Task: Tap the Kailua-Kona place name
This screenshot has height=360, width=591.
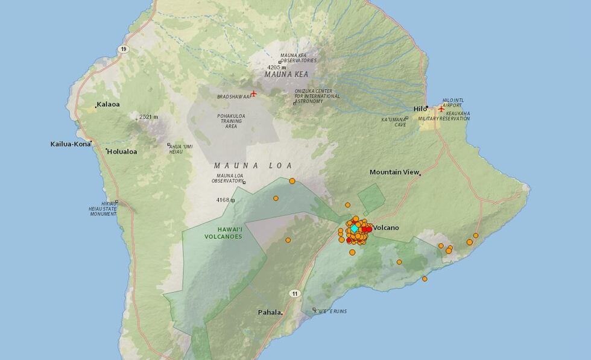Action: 70,144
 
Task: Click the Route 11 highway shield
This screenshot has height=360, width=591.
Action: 294,294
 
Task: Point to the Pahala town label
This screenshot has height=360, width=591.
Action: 269,312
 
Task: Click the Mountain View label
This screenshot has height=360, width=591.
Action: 394,172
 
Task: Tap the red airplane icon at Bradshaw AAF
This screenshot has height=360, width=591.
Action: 253,93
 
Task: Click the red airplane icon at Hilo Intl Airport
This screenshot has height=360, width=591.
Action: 441,109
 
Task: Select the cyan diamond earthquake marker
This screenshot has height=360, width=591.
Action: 355,229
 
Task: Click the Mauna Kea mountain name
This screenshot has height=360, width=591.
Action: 286,74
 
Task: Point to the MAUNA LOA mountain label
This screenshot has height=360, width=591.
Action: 253,165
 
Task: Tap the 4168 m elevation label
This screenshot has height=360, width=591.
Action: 223,200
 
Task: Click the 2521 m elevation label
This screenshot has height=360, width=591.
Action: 148,117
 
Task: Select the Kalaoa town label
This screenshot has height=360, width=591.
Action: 109,104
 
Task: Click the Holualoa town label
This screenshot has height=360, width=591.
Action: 122,151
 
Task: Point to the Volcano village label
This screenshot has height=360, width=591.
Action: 387,227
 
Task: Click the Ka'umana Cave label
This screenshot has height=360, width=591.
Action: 393,122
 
